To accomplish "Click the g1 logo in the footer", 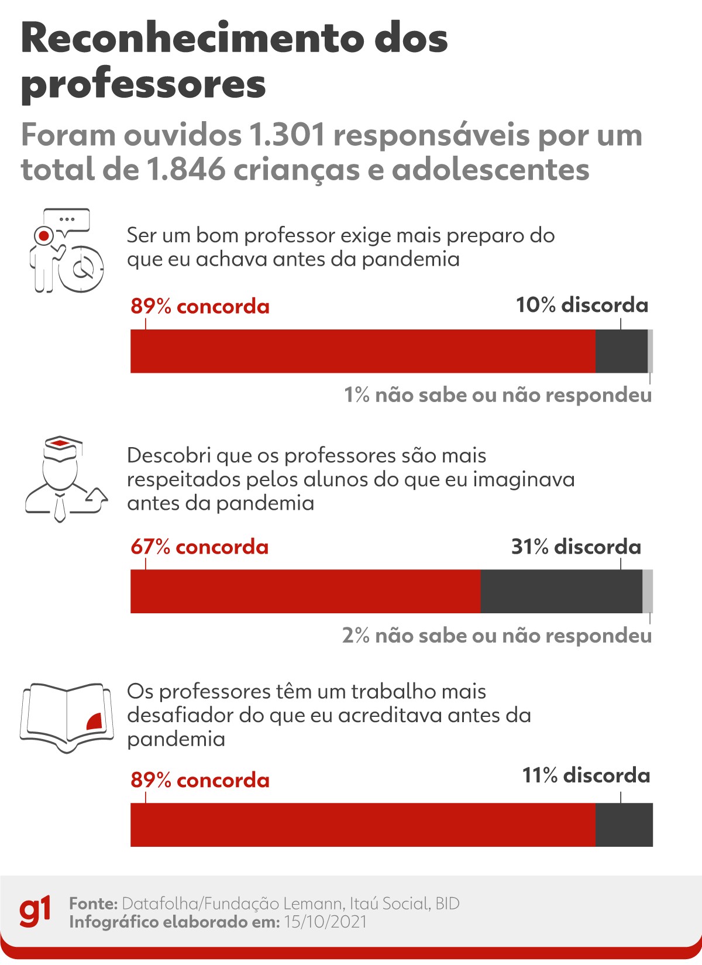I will coord(35,912).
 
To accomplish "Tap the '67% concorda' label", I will coord(199,547).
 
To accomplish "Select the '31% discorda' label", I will coord(576,547).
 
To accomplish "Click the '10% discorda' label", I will coord(582,305).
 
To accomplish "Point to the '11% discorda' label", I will coord(586,776).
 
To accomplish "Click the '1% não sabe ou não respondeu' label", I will coord(497,395).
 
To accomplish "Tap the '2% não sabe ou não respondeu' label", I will coord(497,636).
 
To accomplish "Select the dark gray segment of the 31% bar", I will coord(561,591).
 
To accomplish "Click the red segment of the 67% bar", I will coord(305,591).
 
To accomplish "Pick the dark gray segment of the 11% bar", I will coord(624,825).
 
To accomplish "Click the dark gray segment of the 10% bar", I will coord(621,351).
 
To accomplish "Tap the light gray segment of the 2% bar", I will coord(648,591).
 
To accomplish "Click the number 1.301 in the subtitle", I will coord(287,136).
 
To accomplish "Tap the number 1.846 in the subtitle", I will coord(185,170).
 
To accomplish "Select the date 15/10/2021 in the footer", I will coord(325,922).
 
